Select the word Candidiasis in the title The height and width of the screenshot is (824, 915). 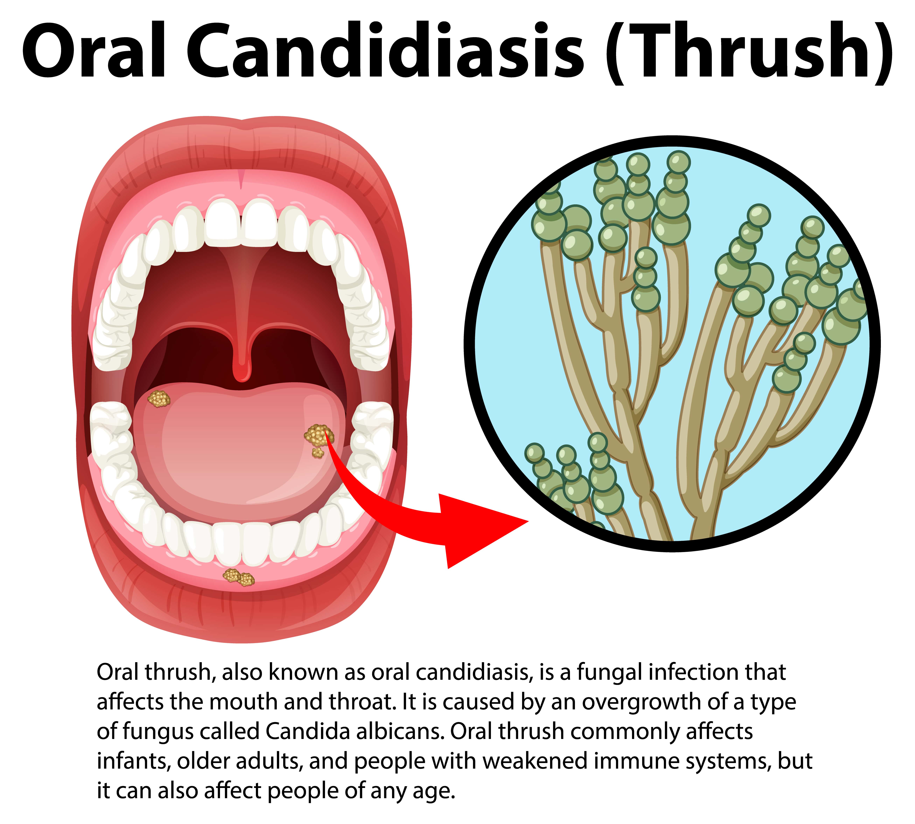tap(385, 51)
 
